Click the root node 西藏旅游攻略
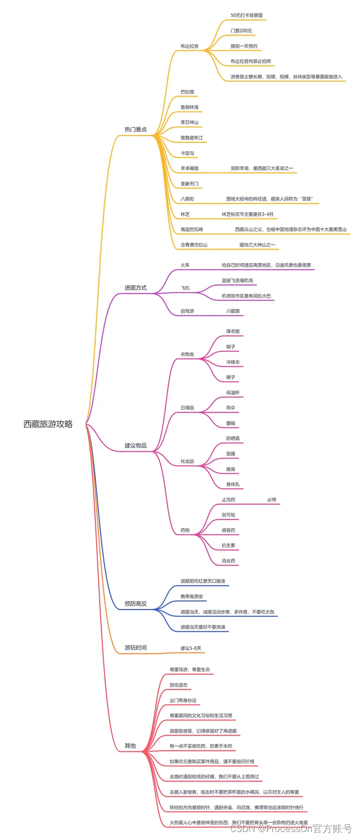(48, 424)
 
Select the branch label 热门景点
(135, 130)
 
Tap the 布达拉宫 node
(189, 47)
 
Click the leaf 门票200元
(241, 31)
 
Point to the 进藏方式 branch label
(135, 288)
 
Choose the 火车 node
(185, 265)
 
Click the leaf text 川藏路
(232, 311)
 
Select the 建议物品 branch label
(135, 446)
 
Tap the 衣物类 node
(187, 355)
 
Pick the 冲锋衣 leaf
(232, 362)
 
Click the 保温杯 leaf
(232, 393)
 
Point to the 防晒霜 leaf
(232, 439)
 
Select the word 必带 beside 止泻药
(271, 500)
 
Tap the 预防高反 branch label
(135, 604)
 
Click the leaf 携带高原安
(191, 597)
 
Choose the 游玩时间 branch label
(135, 648)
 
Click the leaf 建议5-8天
(190, 648)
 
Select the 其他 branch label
(130, 746)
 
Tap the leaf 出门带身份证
(183, 700)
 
